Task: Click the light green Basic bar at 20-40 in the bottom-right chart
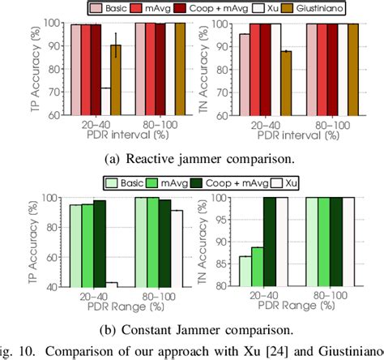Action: point(245,272)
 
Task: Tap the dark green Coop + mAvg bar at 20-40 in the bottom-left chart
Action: point(100,243)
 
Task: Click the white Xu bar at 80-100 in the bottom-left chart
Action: point(177,248)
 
